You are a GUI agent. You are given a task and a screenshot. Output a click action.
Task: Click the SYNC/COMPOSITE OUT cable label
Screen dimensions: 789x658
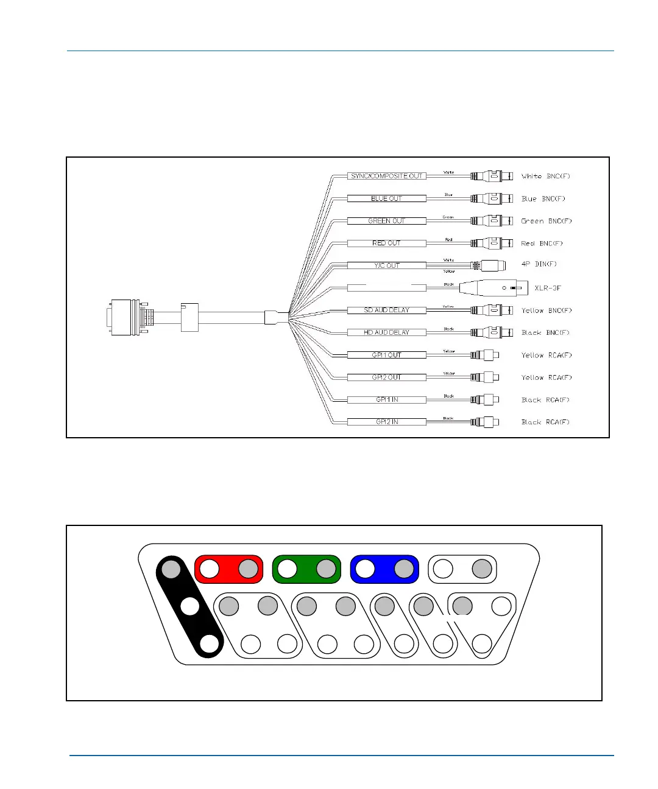[x=386, y=176]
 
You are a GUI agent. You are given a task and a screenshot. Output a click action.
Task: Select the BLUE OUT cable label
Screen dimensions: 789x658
[x=386, y=198]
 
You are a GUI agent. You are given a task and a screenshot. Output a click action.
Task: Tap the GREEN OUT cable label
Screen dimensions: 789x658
[x=386, y=221]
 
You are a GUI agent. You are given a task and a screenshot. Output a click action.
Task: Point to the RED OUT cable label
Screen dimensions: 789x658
[x=386, y=243]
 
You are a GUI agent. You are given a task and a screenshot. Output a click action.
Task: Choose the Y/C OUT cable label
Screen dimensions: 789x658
[x=386, y=265]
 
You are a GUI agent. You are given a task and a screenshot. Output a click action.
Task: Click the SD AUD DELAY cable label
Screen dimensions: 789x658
[x=386, y=310]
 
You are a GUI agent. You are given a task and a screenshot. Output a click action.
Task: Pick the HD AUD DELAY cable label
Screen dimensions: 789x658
[x=386, y=332]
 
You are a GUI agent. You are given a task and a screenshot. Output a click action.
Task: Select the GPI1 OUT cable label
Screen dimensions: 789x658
[x=386, y=355]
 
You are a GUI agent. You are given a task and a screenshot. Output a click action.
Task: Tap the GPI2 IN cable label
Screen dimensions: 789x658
[x=386, y=422]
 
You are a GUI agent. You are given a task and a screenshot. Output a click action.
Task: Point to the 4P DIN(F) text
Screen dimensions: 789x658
[x=539, y=264]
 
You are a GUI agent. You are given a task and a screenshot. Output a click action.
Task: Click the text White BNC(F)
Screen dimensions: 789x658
[x=546, y=176]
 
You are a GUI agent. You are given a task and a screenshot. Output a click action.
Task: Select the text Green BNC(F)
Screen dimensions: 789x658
[x=547, y=221]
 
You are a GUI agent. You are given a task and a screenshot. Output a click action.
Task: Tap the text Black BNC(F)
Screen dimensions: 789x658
[x=545, y=332]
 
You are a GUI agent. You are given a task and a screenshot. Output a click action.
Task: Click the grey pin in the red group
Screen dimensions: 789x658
[x=248, y=569]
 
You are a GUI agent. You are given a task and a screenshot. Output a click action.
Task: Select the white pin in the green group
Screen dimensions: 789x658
[x=288, y=569]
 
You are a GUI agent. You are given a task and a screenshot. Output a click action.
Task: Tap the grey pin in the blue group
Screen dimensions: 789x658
[x=404, y=569]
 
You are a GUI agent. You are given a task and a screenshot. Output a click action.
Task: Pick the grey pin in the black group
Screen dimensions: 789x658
[x=171, y=569]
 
